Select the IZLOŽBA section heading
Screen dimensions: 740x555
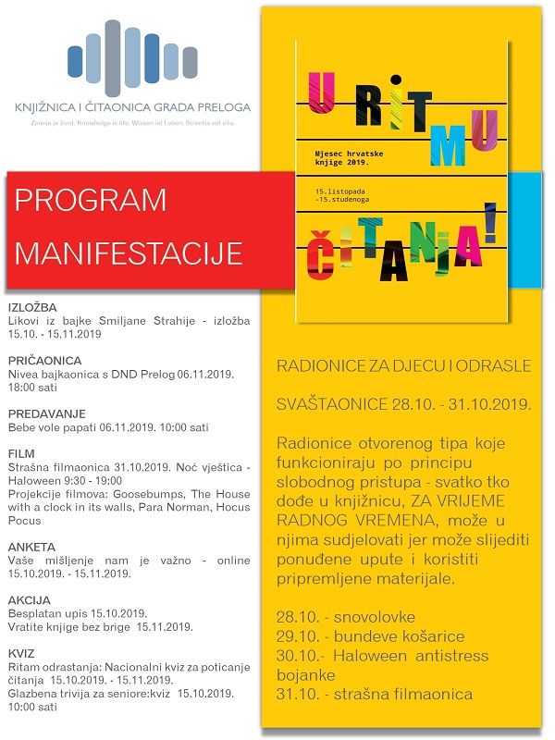click(32, 306)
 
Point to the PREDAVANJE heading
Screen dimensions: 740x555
click(47, 413)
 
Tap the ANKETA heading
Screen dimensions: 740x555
click(31, 547)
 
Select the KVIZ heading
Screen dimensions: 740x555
click(21, 653)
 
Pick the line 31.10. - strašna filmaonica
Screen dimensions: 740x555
click(374, 694)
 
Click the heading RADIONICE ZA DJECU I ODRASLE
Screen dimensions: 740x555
click(404, 366)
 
